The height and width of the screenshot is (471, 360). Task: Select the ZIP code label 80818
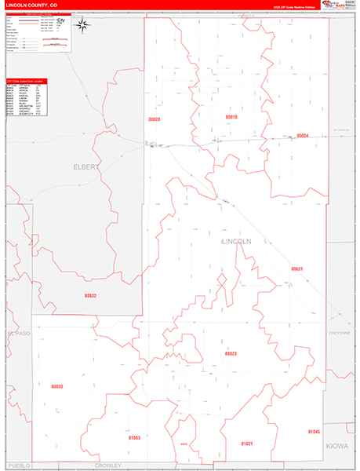231,116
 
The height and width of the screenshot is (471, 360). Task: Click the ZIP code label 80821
296,269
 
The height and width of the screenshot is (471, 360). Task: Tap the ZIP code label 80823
231,354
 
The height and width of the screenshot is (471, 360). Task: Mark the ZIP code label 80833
56,387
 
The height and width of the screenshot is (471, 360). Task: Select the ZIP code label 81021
247,444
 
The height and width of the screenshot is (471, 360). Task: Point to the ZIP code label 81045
314,432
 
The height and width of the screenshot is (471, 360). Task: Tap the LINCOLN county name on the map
236,242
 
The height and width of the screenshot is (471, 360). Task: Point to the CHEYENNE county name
340,332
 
